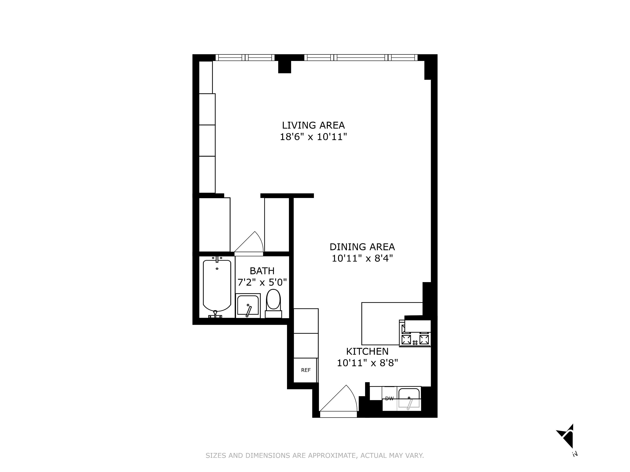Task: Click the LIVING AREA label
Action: click(313, 125)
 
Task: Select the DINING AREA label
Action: click(362, 247)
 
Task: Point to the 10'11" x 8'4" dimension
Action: click(362, 258)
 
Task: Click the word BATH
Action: click(262, 271)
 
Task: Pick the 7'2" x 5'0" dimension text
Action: click(262, 282)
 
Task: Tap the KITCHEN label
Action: click(367, 351)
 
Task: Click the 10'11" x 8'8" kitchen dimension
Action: click(367, 363)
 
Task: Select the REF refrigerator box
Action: click(306, 370)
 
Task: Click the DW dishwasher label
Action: click(389, 399)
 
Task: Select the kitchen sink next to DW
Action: click(409, 399)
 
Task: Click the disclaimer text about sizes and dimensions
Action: click(315, 455)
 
